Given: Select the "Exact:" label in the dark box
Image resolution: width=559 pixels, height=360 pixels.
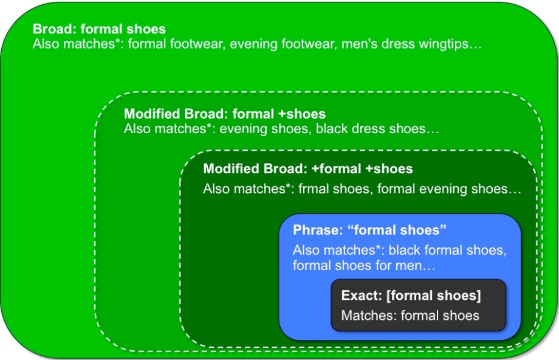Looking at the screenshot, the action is pos(362,296).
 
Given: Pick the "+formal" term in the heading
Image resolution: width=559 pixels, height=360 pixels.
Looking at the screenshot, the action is pos(336,169).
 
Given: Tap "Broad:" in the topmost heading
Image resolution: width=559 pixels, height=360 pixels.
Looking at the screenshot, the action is pos(55,29).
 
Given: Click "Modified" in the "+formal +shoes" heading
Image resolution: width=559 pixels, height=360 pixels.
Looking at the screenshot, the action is pos(231,169).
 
